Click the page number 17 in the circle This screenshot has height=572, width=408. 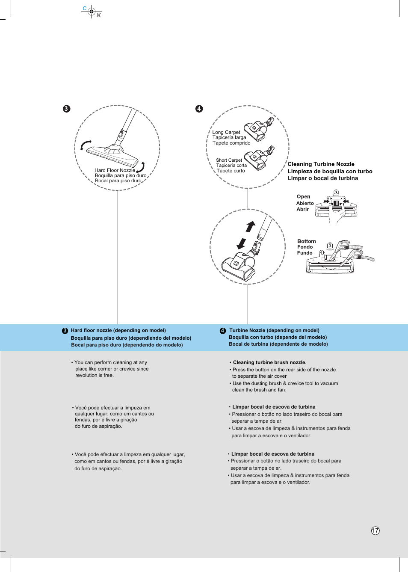pyautogui.click(x=375, y=531)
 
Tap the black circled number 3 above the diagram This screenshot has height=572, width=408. pyautogui.click(x=66, y=109)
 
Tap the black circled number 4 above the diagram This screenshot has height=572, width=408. pyautogui.click(x=199, y=109)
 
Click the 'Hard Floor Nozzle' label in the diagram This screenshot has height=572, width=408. pyautogui.click(x=115, y=170)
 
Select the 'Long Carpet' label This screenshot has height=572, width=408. pyautogui.click(x=226, y=132)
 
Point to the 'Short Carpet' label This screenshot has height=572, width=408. pyautogui.click(x=229, y=160)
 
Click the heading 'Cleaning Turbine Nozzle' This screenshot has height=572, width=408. pyautogui.click(x=321, y=164)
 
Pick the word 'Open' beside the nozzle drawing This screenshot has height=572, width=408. pyautogui.click(x=303, y=197)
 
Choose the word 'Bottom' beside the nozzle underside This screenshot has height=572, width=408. pyautogui.click(x=306, y=241)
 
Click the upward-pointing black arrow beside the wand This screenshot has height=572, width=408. pyautogui.click(x=251, y=226)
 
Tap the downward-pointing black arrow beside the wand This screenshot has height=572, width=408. pyautogui.click(x=241, y=243)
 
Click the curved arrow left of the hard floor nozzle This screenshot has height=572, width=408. pyautogui.click(x=86, y=145)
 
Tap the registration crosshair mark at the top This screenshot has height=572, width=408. pyautogui.click(x=92, y=12)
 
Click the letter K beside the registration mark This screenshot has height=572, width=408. pyautogui.click(x=99, y=15)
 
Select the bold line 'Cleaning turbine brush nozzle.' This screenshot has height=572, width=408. pyautogui.click(x=269, y=362)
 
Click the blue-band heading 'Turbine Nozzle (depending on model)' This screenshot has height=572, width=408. pyautogui.click(x=274, y=330)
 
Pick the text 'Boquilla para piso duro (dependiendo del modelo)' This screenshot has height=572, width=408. pyautogui.click(x=131, y=338)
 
